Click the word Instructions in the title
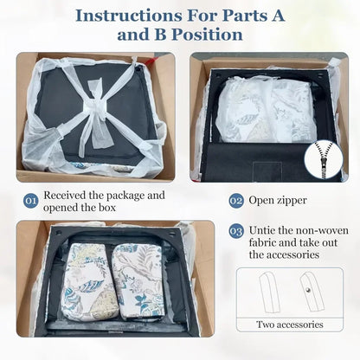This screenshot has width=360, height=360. point(130,16)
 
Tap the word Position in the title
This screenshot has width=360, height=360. point(207,35)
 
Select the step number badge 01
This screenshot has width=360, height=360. point(30,201)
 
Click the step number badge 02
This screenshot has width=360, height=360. point(236,201)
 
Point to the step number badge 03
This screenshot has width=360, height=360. point(236,231)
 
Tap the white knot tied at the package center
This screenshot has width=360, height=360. point(93,109)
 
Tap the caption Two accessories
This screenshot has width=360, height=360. point(290,325)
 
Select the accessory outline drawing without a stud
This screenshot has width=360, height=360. point(269,292)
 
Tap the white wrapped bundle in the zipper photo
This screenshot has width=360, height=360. point(263,110)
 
